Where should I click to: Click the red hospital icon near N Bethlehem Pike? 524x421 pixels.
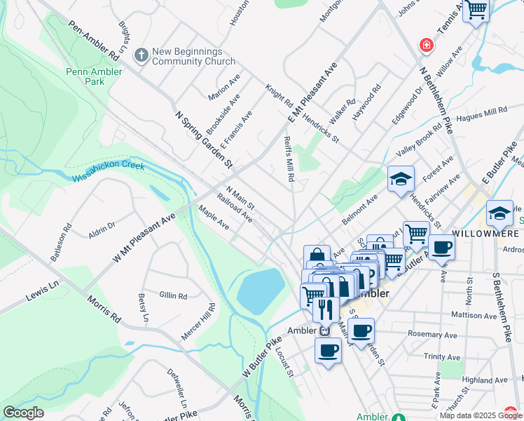click(425, 46)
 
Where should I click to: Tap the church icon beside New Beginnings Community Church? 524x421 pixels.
click(141, 55)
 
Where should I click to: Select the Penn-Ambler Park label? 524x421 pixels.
click(95, 76)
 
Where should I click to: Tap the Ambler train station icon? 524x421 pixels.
click(324, 330)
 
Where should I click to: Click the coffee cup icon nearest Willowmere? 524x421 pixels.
click(441, 247)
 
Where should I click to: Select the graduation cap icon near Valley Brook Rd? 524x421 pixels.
click(401, 179)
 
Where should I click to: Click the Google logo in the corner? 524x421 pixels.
click(23, 413)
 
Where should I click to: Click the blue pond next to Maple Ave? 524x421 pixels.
click(260, 290)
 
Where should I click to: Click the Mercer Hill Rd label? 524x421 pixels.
click(197, 323)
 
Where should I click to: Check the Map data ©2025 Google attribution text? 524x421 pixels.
click(481, 415)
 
